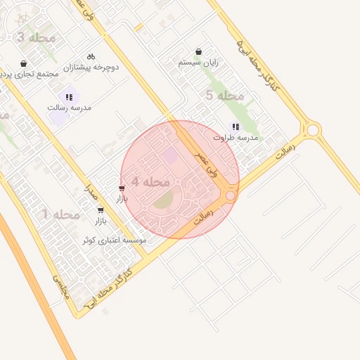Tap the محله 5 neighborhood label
pyautogui.click(x=225, y=95)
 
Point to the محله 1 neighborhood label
pyautogui.click(x=61, y=214)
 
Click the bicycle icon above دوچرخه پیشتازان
pyautogui.click(x=91, y=56)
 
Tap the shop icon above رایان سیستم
pyautogui.click(x=199, y=51)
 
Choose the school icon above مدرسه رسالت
pyautogui.click(x=69, y=97)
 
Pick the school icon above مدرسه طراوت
pyautogui.click(x=236, y=127)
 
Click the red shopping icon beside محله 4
pyautogui.click(x=122, y=188)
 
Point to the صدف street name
pyautogui.click(x=89, y=188)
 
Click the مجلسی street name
pyautogui.click(x=58, y=288)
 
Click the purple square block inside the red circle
pyautogui.click(x=170, y=155)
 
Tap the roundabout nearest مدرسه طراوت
pyautogui.click(x=312, y=129)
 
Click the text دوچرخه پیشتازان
pyautogui.click(x=91, y=67)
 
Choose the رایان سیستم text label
pyautogui.click(x=199, y=63)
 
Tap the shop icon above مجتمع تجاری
pyautogui.click(x=25, y=63)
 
